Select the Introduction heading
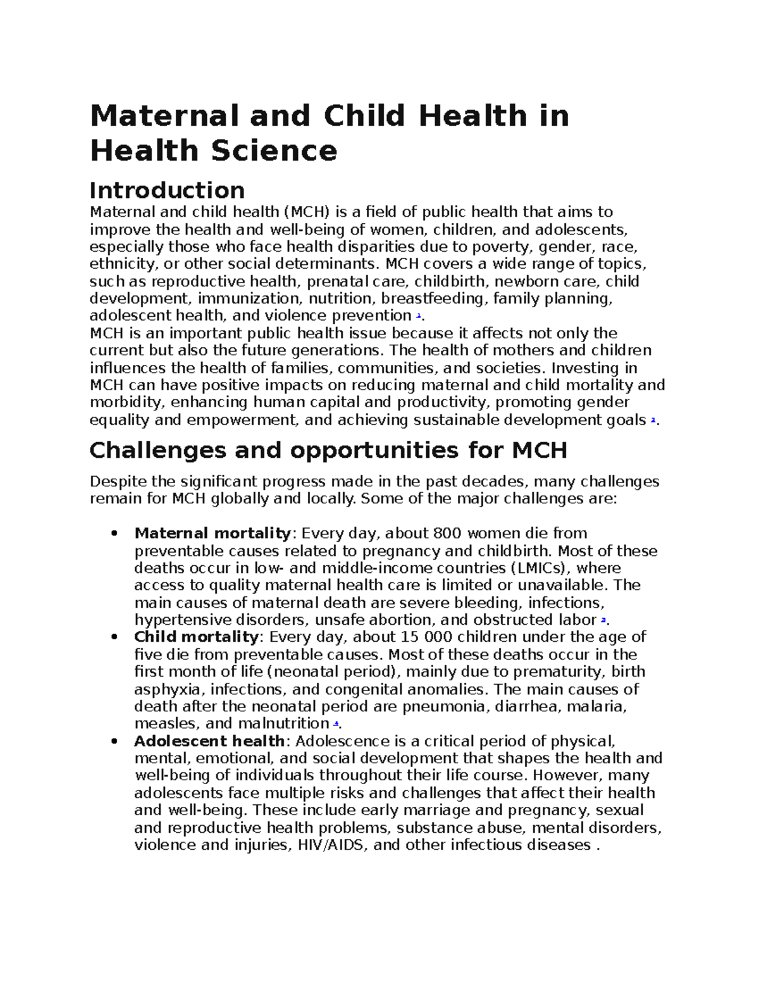pyautogui.click(x=167, y=190)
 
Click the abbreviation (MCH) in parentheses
pyautogui.click(x=307, y=212)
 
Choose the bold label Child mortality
pyautogui.click(x=196, y=637)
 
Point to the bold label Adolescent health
pyautogui.click(x=209, y=740)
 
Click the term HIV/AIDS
pyautogui.click(x=331, y=845)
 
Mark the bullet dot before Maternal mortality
pyautogui.click(x=114, y=534)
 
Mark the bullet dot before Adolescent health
pyautogui.click(x=114, y=741)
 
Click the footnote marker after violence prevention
pyautogui.click(x=418, y=315)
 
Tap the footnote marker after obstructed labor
pyautogui.click(x=603, y=620)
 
